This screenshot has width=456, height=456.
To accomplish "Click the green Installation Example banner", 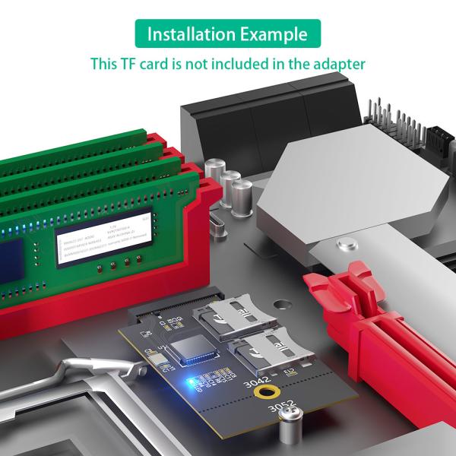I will (227, 34).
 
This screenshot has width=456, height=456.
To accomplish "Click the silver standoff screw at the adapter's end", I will (288, 429).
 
